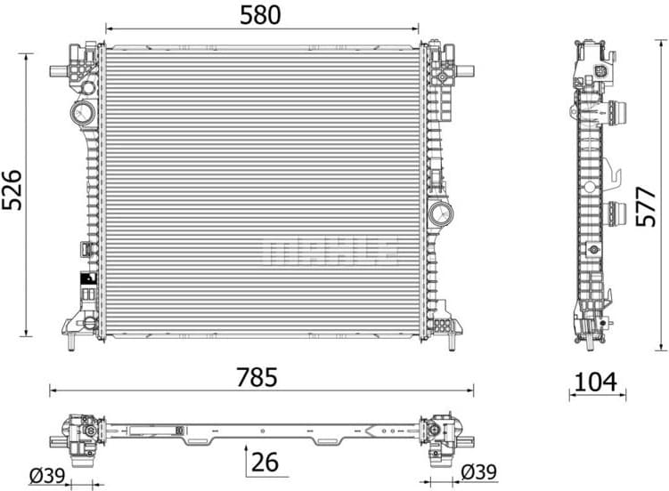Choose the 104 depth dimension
(596, 382)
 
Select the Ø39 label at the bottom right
(478, 472)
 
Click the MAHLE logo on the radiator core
(330, 252)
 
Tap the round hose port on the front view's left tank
(82, 113)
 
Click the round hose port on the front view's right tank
(440, 213)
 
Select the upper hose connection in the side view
(618, 113)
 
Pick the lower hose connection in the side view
(618, 213)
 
